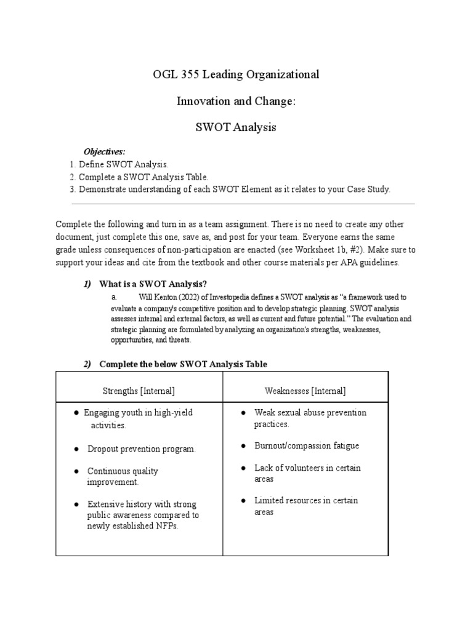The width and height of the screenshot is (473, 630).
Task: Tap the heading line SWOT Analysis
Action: pyautogui.click(x=236, y=127)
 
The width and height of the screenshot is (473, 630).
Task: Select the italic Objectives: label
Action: pyautogui.click(x=104, y=151)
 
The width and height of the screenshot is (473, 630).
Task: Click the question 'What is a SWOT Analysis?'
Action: pyautogui.click(x=153, y=284)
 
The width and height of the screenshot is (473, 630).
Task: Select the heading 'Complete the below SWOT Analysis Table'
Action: pyautogui.click(x=183, y=364)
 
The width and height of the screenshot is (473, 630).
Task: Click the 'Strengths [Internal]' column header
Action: pyautogui.click(x=139, y=391)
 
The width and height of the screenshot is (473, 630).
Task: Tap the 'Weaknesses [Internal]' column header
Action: pyautogui.click(x=305, y=391)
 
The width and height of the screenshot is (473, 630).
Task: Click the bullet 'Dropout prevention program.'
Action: pyautogui.click(x=142, y=449)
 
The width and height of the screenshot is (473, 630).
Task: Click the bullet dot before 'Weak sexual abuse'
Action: pyautogui.click(x=243, y=413)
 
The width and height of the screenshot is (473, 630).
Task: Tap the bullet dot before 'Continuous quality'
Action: pyautogui.click(x=76, y=471)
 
